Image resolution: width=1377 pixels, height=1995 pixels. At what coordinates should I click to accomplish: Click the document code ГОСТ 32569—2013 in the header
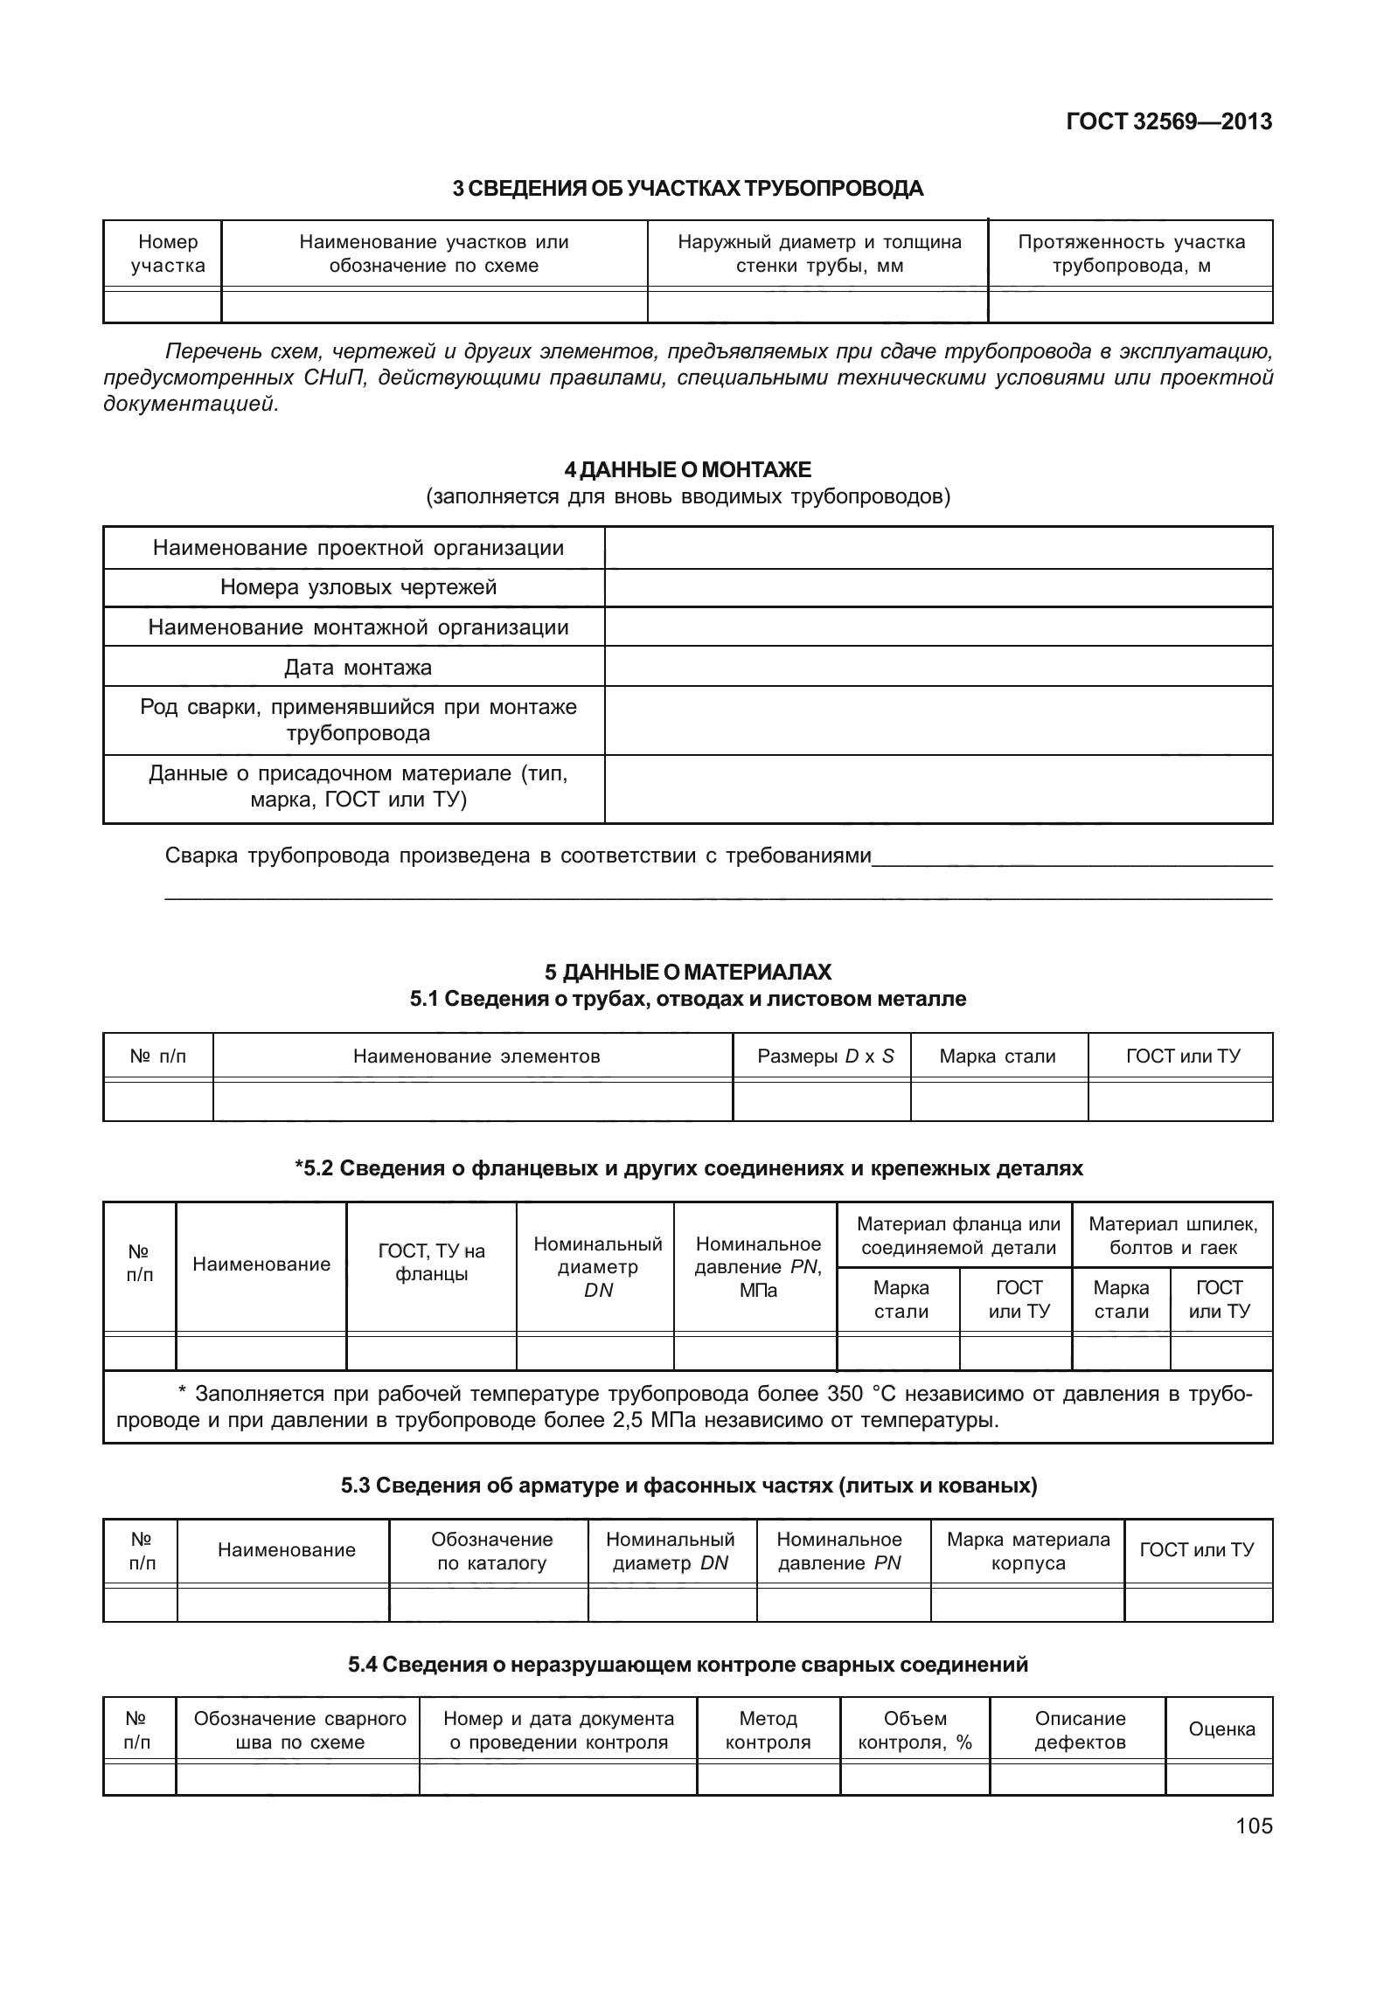click(1168, 122)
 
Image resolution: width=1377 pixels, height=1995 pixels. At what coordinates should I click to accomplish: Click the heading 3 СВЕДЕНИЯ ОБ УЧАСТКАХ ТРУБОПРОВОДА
click(687, 188)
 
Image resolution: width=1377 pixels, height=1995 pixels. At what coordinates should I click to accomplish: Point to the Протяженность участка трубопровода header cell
click(1130, 253)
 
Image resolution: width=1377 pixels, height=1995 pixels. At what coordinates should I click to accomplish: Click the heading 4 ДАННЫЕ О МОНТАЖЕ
click(687, 470)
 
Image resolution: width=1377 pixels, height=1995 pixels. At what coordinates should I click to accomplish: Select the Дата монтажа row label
click(358, 668)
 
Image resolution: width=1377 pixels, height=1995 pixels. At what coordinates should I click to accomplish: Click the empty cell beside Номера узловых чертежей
click(937, 587)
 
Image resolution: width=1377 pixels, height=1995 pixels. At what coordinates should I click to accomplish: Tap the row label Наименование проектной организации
click(358, 548)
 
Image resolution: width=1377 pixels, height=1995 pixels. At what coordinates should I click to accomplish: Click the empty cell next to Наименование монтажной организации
click(937, 627)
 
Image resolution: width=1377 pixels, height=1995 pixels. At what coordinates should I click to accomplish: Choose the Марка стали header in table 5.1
click(998, 1056)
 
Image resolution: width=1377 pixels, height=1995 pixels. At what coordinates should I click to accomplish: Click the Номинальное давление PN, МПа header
click(757, 1266)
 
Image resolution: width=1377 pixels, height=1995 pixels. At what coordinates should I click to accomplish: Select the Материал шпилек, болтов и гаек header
click(1172, 1236)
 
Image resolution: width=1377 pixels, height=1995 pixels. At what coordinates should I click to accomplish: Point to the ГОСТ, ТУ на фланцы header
click(431, 1263)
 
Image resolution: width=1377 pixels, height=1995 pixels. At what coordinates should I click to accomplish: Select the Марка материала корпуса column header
click(1028, 1551)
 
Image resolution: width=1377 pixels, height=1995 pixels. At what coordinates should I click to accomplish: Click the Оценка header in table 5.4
click(1221, 1729)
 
